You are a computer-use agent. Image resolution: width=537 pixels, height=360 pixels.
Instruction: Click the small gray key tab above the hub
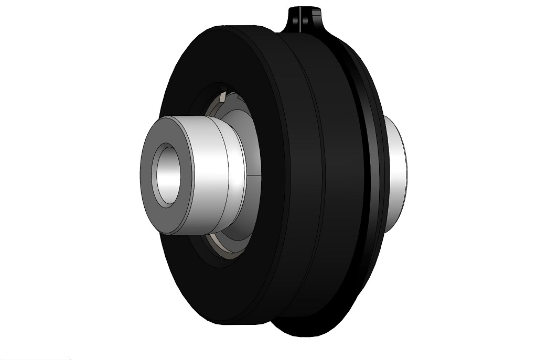(x=224, y=96)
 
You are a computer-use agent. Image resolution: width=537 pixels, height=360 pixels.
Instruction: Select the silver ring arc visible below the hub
(x=220, y=247)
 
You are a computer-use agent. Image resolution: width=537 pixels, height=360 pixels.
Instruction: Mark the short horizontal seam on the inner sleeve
(x=254, y=173)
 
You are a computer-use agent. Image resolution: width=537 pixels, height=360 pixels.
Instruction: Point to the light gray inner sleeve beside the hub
(x=252, y=147)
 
